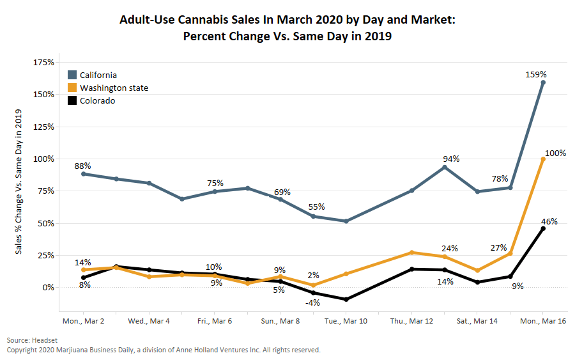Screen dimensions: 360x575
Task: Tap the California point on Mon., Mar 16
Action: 543,82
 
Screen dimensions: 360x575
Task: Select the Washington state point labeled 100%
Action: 543,159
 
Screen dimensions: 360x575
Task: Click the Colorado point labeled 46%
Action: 543,228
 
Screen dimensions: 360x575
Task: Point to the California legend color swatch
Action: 72,75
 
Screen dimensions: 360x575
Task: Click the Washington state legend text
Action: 114,88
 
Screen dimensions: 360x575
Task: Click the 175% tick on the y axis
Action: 43,63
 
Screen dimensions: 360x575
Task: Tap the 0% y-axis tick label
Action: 48,288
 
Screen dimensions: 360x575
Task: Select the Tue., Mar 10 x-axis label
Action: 346,320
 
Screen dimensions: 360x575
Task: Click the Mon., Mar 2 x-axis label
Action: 84,320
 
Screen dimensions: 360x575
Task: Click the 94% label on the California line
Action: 452,159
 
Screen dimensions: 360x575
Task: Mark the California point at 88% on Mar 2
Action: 84,174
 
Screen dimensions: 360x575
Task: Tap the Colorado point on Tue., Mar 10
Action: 346,299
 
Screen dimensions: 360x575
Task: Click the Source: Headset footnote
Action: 33,340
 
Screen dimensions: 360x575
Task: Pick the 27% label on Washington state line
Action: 499,247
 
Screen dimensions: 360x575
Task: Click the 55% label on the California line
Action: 316,207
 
